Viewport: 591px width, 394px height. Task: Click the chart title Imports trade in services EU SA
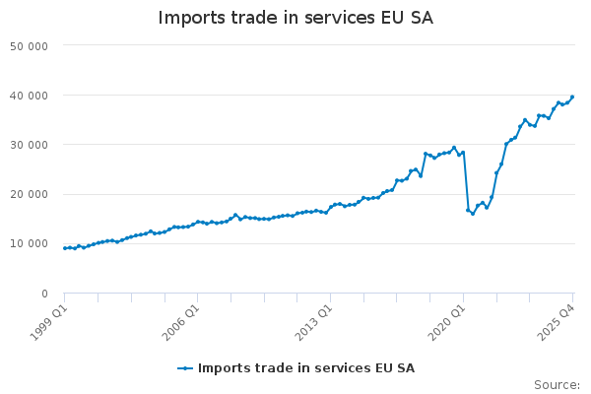(295, 18)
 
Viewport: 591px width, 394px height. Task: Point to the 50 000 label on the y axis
(30, 46)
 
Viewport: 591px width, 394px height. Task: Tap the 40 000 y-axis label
(30, 96)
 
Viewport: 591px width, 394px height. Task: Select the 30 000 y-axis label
(30, 145)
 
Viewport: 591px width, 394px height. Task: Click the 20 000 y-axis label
(30, 195)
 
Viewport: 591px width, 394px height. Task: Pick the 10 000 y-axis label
(30, 244)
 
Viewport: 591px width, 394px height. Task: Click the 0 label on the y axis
(45, 294)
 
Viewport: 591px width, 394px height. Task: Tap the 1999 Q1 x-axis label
(48, 323)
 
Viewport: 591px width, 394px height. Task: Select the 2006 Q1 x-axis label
(181, 323)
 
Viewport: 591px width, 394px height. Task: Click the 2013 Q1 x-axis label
(314, 323)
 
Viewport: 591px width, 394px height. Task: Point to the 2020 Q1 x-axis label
(447, 323)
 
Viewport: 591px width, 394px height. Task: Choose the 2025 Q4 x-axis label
(557, 323)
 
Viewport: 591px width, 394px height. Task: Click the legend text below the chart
(306, 368)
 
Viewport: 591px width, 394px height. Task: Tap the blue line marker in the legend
(185, 368)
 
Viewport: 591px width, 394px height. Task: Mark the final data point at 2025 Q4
(572, 98)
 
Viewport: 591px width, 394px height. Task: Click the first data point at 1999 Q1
(65, 248)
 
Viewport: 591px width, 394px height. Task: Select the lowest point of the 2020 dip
(473, 214)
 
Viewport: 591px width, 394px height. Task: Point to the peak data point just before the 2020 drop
(454, 148)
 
